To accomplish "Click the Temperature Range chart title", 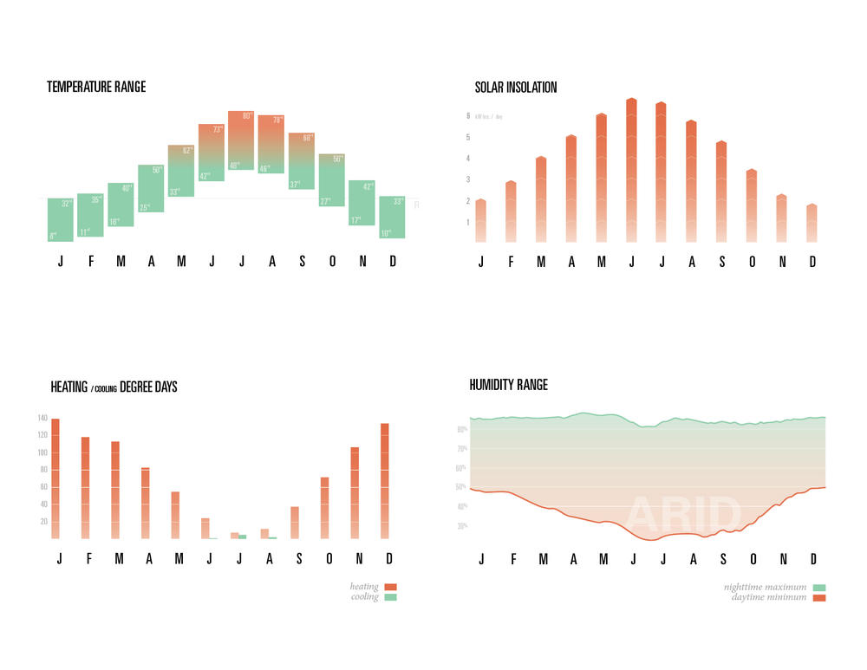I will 96,87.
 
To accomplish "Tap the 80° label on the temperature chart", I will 247,116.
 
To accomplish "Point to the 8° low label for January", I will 53,236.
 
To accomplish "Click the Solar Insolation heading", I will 516,88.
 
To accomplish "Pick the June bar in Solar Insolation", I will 631,170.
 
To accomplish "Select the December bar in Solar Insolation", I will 812,224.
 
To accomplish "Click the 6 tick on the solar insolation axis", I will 468,115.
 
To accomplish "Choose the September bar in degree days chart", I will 295,523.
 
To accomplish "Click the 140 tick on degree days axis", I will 42,419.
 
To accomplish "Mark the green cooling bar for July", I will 243,537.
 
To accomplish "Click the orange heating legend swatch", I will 390,587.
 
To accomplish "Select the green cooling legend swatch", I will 390,597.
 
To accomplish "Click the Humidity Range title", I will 509,385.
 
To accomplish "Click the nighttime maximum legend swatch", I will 819,587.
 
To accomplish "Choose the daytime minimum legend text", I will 768,597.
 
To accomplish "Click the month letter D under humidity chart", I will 813,558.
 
